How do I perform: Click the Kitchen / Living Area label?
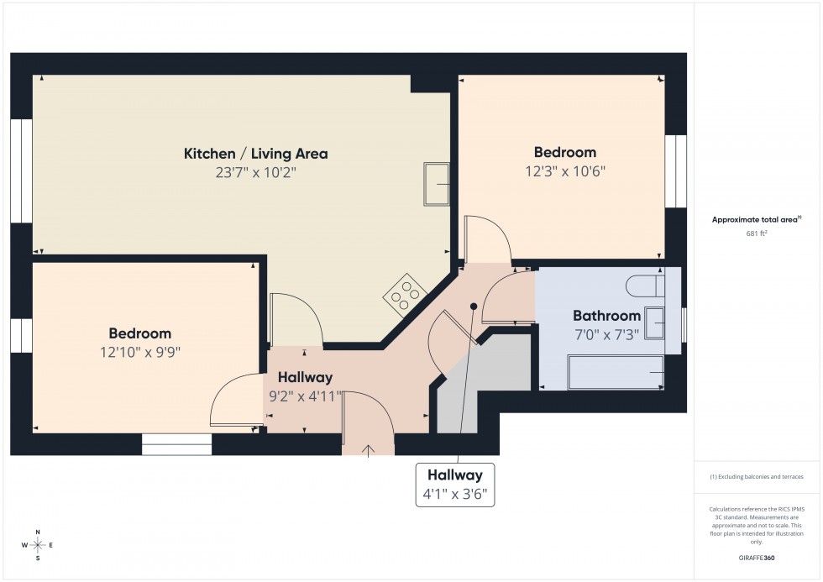point(255,154)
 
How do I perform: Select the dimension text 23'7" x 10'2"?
point(255,173)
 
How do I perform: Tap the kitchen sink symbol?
point(437,184)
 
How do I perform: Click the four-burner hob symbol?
point(404,293)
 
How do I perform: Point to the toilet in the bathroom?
point(645,286)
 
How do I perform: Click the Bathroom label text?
point(606,316)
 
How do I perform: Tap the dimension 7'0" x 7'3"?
point(606,333)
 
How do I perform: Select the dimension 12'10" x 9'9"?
point(139,353)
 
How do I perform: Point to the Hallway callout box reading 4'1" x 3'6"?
point(455,485)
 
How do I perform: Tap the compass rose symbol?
point(38,545)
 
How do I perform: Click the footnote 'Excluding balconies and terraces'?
point(756,476)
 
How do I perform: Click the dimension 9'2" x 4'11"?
point(305,396)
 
